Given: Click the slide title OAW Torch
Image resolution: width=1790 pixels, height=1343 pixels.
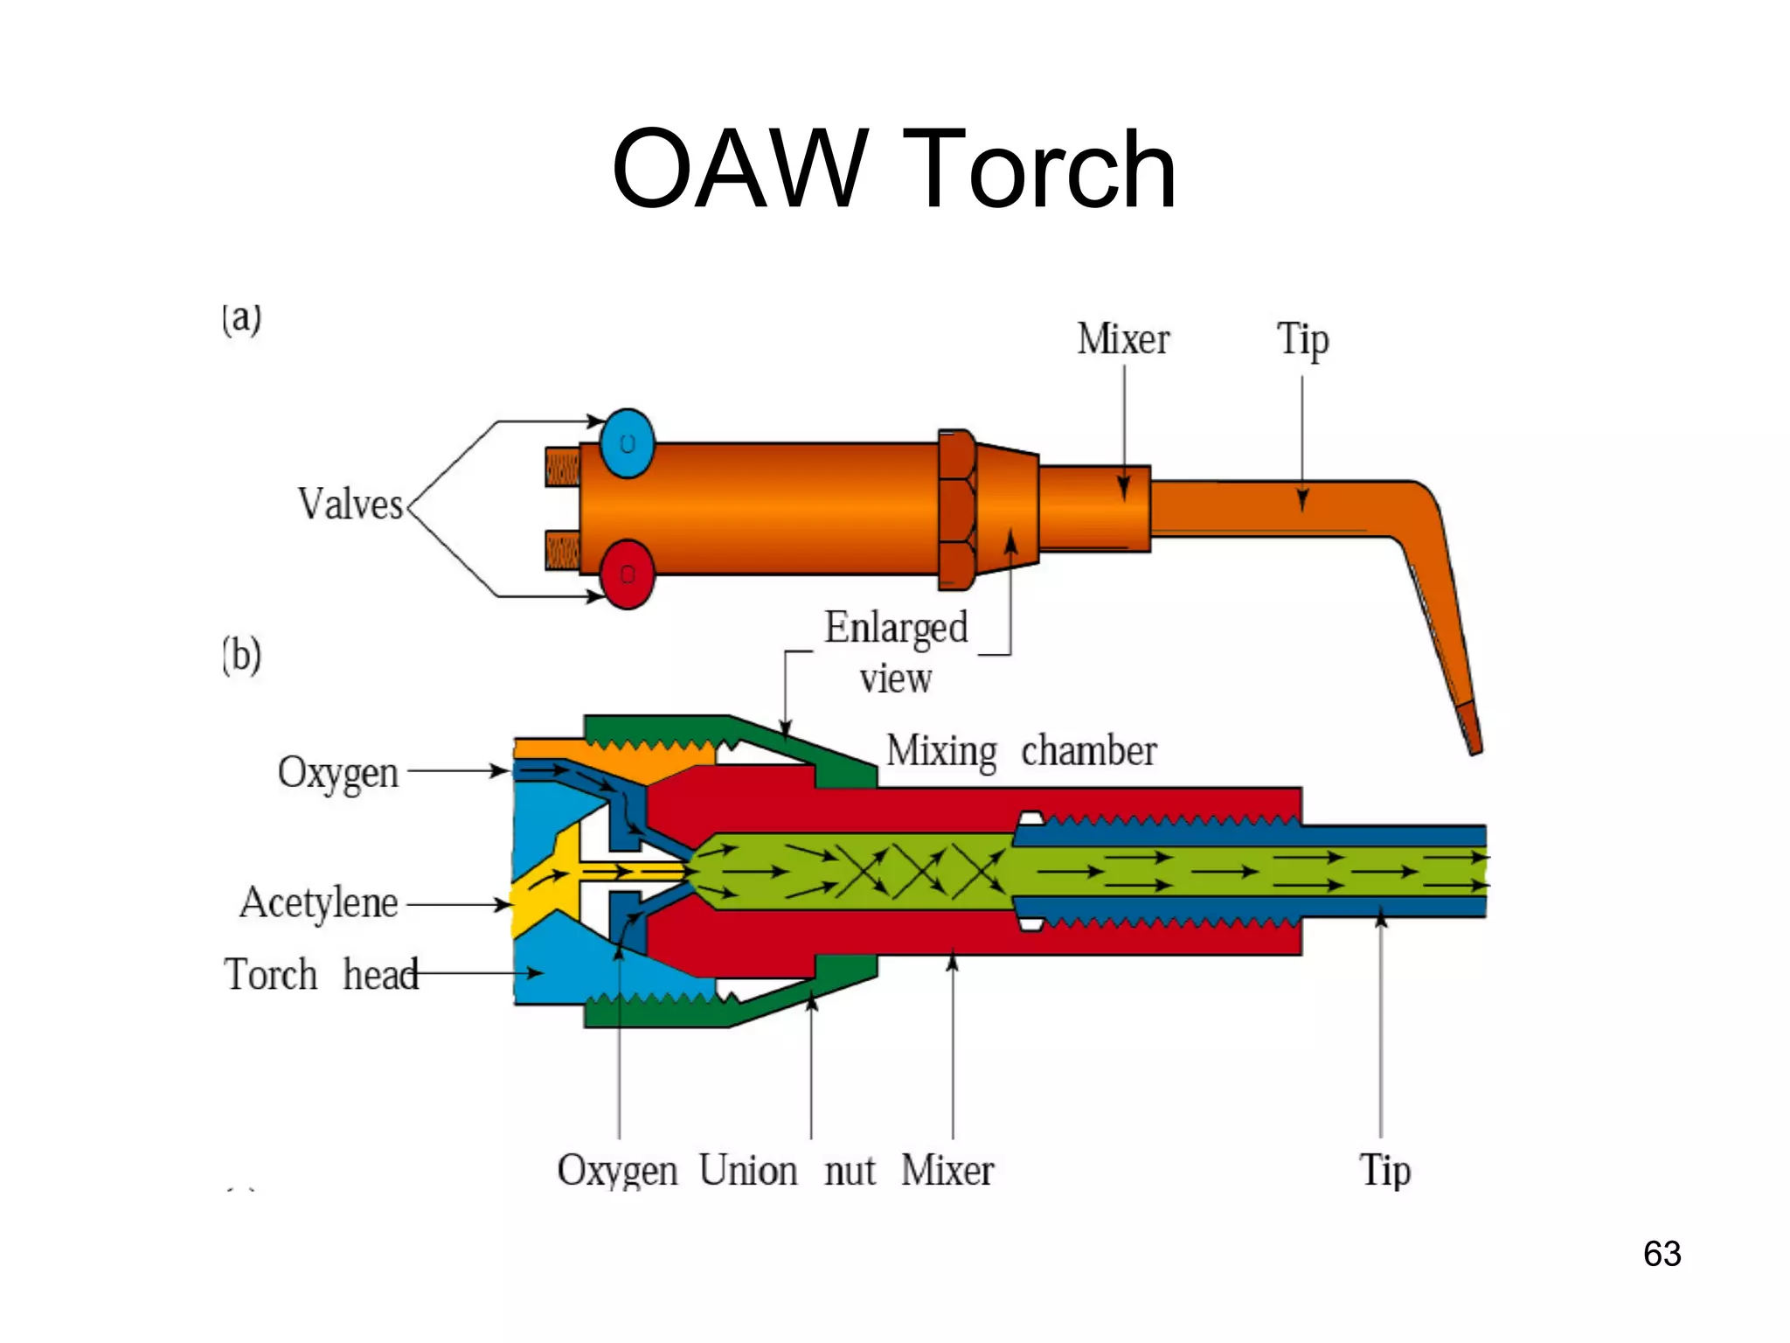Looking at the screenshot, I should point(893,169).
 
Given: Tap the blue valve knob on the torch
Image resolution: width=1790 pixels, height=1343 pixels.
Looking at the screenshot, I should point(627,443).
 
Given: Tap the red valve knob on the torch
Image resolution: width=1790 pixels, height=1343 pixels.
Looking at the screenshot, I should point(627,574).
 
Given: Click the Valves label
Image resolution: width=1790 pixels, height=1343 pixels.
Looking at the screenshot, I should point(350,504).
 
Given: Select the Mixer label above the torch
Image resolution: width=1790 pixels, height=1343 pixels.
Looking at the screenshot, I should point(1123,339).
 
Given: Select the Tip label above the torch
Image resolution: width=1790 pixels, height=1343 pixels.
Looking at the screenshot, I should point(1302,339).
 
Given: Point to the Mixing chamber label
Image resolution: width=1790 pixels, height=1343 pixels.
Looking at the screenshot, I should point(1021,751).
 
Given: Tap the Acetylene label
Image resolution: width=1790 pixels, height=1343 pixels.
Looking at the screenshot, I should point(319,903).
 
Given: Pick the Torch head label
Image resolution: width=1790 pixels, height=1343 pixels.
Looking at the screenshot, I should point(321,975).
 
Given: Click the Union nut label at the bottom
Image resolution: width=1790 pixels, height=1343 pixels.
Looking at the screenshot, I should point(787,1171).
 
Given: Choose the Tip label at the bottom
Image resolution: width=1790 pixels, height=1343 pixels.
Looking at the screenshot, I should point(1384,1171).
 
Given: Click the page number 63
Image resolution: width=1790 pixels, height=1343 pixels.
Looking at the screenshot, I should point(1662,1254).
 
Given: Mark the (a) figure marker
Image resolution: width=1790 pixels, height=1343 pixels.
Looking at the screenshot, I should point(241,318).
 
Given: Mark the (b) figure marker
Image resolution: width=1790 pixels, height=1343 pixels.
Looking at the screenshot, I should point(241,656).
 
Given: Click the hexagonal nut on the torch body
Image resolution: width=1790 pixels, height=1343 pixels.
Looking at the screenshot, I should point(956,509).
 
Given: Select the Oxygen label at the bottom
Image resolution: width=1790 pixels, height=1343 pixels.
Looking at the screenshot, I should point(617,1171).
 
